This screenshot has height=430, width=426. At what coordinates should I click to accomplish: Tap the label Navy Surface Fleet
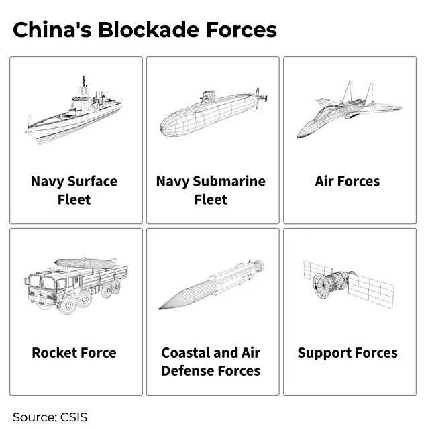click(x=74, y=191)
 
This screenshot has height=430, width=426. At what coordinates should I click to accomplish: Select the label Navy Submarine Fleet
click(x=211, y=191)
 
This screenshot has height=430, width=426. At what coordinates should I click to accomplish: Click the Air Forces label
click(x=348, y=182)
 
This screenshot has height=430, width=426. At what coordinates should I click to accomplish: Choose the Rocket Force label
click(x=74, y=353)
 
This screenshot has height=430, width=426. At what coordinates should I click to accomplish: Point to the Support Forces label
click(x=348, y=353)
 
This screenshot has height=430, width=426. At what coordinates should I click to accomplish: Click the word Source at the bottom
click(x=32, y=417)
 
